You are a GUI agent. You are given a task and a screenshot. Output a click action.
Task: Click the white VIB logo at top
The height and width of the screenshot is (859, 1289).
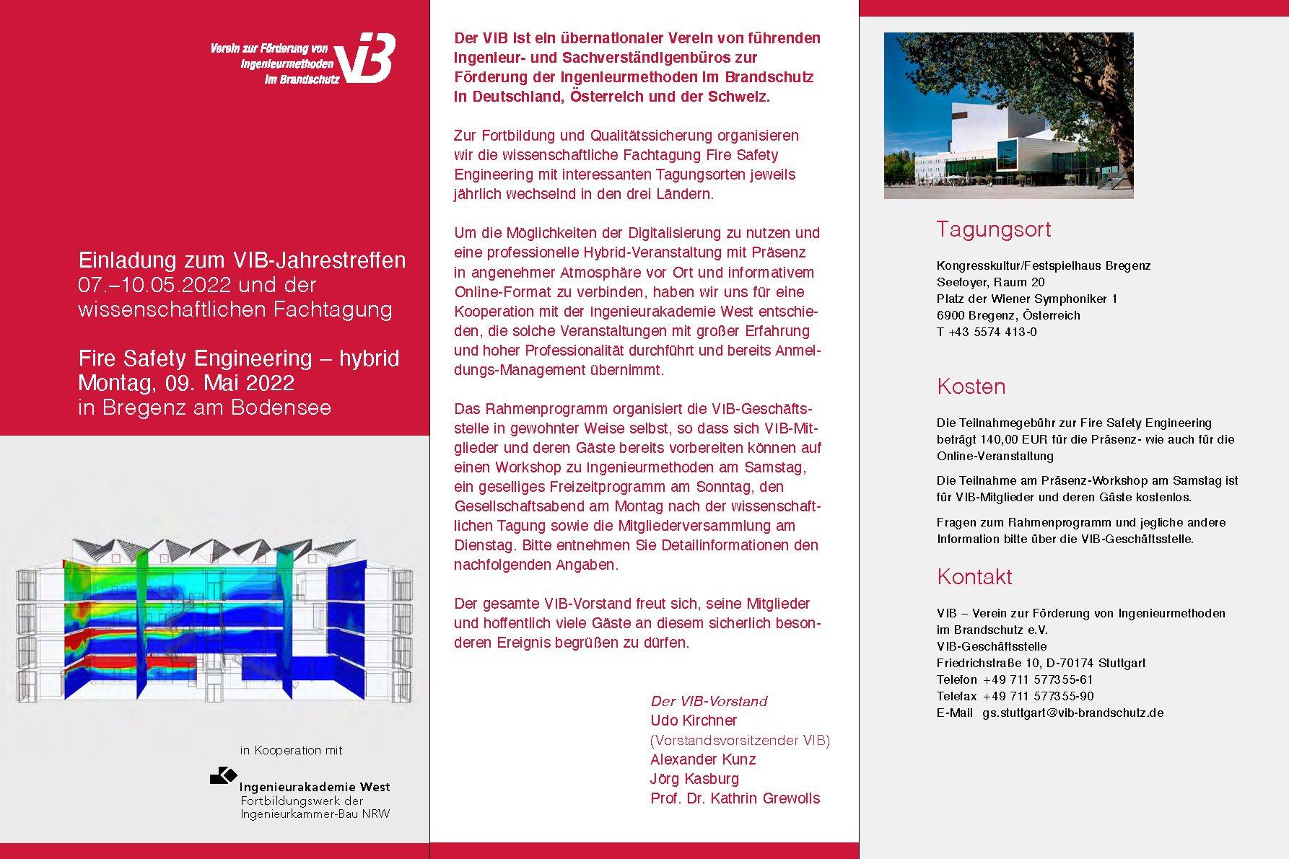[x=365, y=58]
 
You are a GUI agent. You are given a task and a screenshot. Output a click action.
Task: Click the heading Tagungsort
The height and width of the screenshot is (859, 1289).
[x=993, y=229]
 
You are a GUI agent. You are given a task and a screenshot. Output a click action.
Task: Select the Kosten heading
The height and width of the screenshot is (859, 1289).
[x=971, y=387]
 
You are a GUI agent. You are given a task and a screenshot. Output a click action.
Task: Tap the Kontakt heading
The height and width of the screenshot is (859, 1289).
[x=974, y=577]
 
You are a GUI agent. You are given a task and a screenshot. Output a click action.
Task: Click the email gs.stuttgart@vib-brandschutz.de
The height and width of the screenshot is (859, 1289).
[x=1072, y=713]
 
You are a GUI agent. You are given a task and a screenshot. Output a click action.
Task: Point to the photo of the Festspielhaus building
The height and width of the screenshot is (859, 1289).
[x=1008, y=115]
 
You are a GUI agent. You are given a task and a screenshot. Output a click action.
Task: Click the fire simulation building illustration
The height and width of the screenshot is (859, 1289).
[x=214, y=620]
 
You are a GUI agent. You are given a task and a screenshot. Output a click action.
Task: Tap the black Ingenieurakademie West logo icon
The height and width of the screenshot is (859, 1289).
[x=223, y=775]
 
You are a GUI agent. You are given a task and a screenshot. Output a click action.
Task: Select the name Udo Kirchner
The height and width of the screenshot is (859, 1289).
[x=694, y=721]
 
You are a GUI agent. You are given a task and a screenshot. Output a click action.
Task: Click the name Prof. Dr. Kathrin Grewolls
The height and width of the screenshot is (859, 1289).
[x=735, y=798]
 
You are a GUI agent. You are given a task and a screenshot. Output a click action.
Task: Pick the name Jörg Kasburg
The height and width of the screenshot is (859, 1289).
[x=694, y=779]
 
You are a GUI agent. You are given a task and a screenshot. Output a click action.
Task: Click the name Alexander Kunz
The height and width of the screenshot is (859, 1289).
[x=703, y=759]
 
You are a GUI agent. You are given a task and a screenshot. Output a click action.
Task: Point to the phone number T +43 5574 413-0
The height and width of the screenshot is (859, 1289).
[x=987, y=332]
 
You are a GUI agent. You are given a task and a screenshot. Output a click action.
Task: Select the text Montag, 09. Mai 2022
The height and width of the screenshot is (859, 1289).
[x=186, y=383]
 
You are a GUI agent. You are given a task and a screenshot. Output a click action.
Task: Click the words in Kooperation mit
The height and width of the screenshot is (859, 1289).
[x=291, y=750]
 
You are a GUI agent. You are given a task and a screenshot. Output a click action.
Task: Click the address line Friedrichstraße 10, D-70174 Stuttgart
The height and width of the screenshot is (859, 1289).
[x=1041, y=663]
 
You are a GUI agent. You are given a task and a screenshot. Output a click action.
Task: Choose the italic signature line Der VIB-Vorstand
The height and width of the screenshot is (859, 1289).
[x=709, y=701]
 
